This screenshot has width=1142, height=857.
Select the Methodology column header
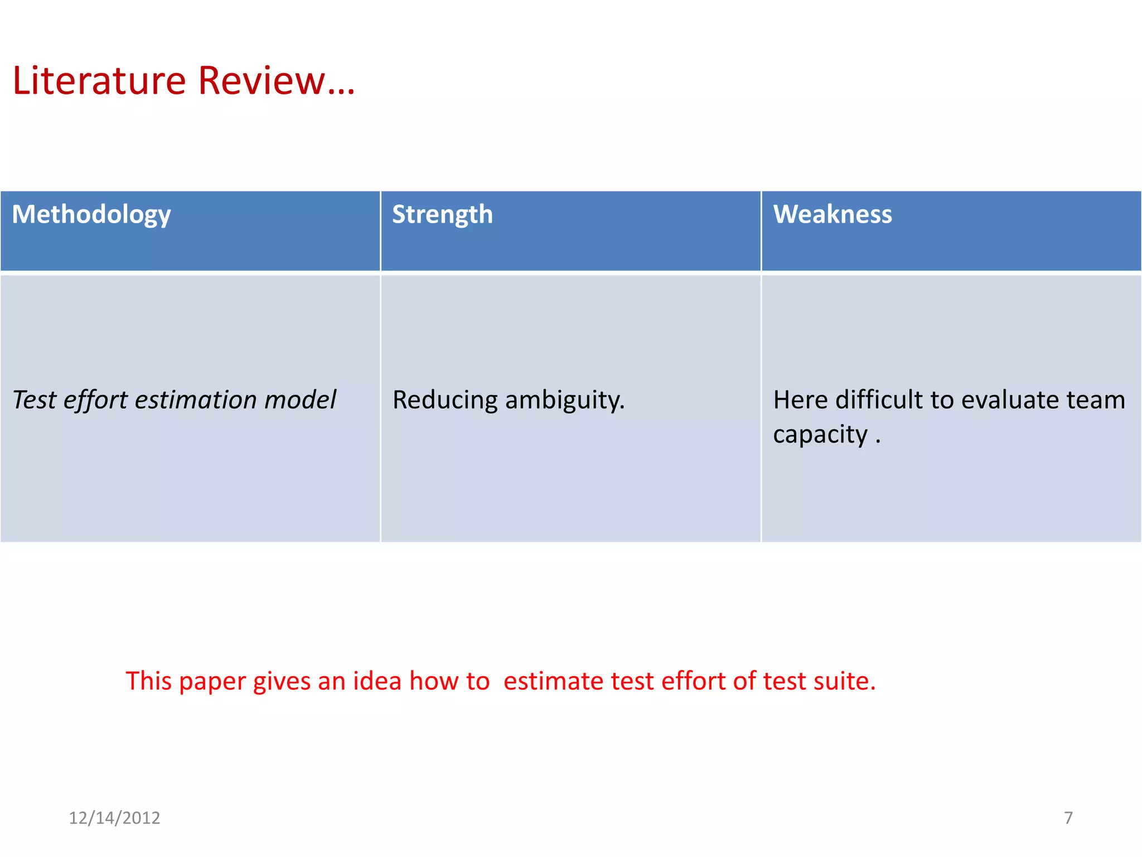pyautogui.click(x=91, y=215)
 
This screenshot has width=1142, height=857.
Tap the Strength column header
pyautogui.click(x=442, y=215)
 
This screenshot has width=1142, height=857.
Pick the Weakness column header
pyautogui.click(x=832, y=215)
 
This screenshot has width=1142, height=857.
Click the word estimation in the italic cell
pyautogui.click(x=196, y=400)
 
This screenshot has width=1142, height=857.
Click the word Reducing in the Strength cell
pyautogui.click(x=444, y=400)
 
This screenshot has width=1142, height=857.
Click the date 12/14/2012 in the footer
pyautogui.click(x=114, y=818)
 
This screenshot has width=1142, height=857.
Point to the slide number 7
pyautogui.click(x=1068, y=818)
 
